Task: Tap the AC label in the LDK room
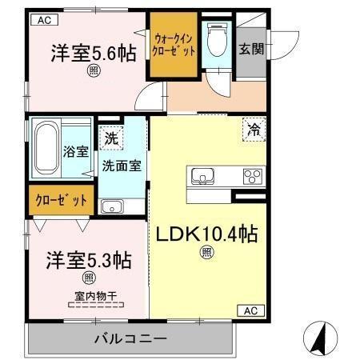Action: (250, 310)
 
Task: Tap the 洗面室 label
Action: (122, 166)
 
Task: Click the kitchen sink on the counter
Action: (200, 175)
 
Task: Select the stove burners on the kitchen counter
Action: (253, 176)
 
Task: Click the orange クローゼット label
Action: (61, 201)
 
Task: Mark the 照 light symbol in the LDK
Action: (206, 254)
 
